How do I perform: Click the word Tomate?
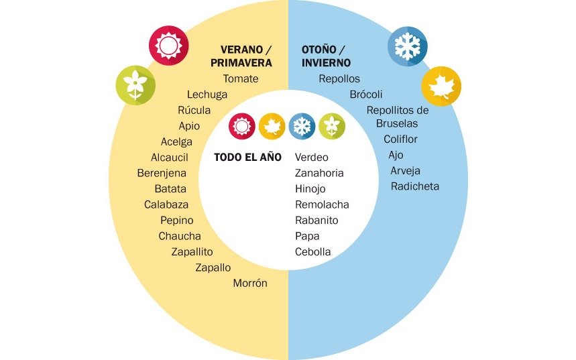pos(241,78)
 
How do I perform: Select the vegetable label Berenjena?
pos(162,173)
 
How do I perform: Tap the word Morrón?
pos(250,283)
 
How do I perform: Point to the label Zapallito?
pos(192,252)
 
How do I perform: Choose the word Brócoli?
pos(366,95)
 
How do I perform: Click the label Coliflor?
pos(400,139)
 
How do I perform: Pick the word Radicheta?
pos(415,186)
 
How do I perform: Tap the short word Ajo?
pos(396,155)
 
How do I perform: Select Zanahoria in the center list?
pos(319,173)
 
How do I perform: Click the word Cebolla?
pos(312,252)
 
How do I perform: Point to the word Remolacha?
pos(322,204)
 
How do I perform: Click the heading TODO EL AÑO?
pos(247,158)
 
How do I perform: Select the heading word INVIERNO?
pos(326,63)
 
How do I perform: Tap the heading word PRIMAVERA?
pos(241,63)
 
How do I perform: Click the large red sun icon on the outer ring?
pos(168,46)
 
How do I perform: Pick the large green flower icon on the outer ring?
pos(135,85)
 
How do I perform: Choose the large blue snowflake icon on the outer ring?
pos(408,46)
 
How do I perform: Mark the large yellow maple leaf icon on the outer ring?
pos(441,86)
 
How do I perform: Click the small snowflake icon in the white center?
pos(302,126)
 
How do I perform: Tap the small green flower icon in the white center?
pos(332,126)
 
